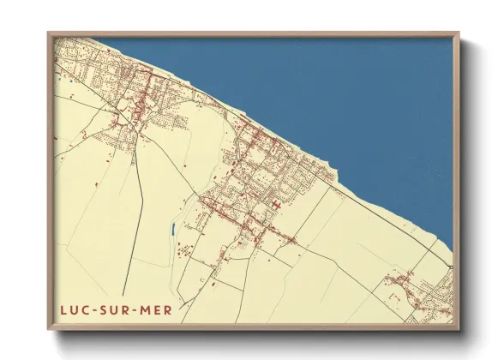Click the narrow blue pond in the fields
pyautogui.click(x=174, y=230)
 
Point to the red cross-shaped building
pyautogui.click(x=276, y=205)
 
